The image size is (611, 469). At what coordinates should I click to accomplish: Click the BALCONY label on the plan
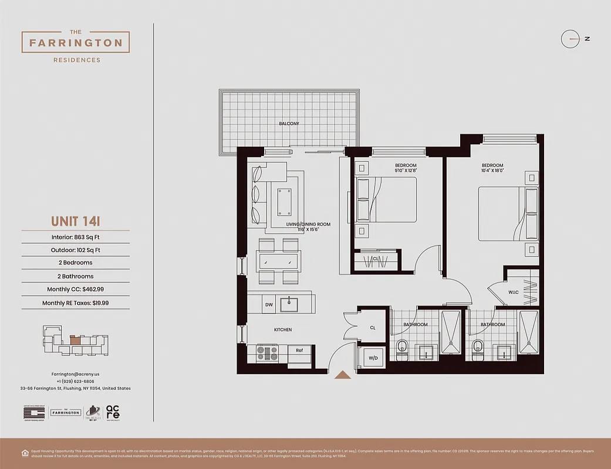289,124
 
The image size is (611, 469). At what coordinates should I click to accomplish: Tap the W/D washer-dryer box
372,358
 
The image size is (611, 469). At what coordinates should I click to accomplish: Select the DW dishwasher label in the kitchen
269,305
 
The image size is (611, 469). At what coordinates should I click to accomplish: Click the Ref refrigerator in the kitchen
299,351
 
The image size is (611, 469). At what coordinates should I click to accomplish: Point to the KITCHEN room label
283,330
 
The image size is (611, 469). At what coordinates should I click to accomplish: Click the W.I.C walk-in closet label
513,292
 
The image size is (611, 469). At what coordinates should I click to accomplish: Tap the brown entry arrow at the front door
342,375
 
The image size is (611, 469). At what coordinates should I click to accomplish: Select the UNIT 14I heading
75,222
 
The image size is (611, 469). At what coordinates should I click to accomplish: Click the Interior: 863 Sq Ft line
75,237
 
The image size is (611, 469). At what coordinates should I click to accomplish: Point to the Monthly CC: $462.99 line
75,290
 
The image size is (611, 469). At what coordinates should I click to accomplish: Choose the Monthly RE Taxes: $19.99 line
75,303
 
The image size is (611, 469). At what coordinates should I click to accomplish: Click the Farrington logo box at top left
76,42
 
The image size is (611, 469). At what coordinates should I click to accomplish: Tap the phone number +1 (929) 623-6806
75,381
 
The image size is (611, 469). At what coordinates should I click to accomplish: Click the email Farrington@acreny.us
75,373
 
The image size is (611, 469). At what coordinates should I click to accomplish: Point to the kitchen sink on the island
289,304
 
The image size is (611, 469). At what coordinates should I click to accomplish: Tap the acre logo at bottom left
113,413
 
